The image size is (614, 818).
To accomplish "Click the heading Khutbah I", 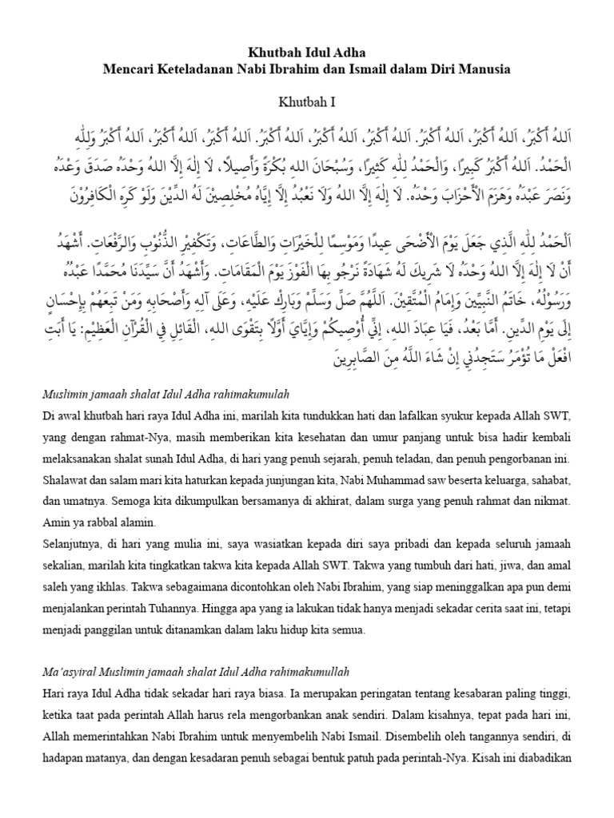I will (306, 101).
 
